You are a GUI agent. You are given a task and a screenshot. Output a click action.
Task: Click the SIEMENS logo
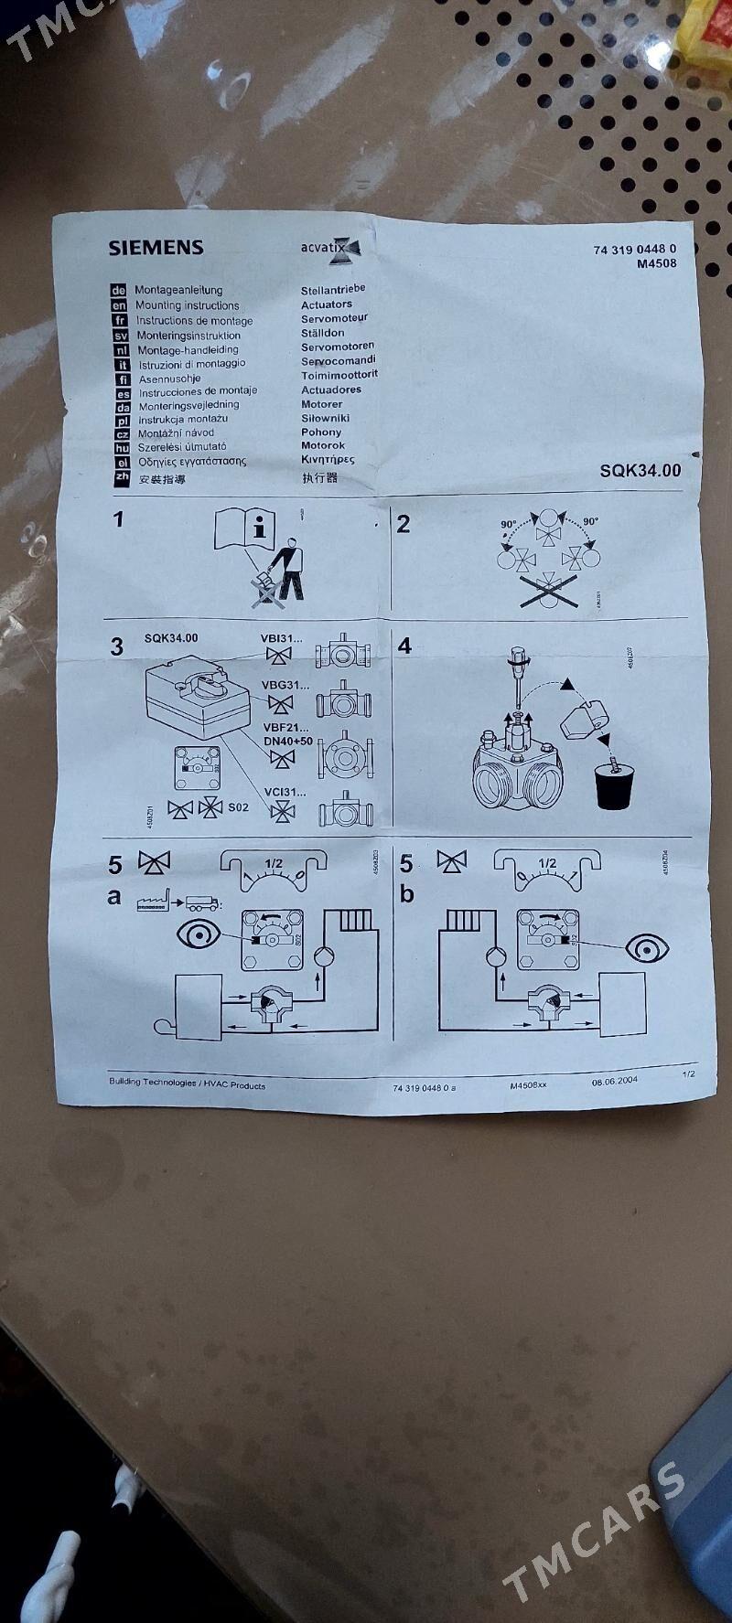(x=156, y=247)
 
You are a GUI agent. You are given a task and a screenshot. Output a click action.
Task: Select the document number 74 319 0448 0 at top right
(x=634, y=250)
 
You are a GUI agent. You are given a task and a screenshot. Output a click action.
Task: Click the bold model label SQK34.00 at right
(x=640, y=470)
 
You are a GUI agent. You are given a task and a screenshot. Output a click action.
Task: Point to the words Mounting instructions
(x=187, y=305)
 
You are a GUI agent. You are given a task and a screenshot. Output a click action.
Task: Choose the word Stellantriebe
(x=333, y=290)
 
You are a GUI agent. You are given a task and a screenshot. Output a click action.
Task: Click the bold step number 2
(x=404, y=524)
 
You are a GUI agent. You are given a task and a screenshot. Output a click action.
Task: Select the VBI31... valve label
(x=283, y=637)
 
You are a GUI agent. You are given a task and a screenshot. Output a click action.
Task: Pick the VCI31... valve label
(x=285, y=792)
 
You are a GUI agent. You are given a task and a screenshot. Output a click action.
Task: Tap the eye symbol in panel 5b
(x=646, y=948)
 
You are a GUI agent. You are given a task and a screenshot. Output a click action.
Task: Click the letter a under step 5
(x=114, y=897)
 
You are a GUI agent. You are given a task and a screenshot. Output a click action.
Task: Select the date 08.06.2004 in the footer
(x=614, y=1081)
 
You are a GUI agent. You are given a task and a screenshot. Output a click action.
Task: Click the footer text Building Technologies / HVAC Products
(x=187, y=1084)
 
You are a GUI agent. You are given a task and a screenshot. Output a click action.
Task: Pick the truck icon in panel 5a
(x=201, y=902)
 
